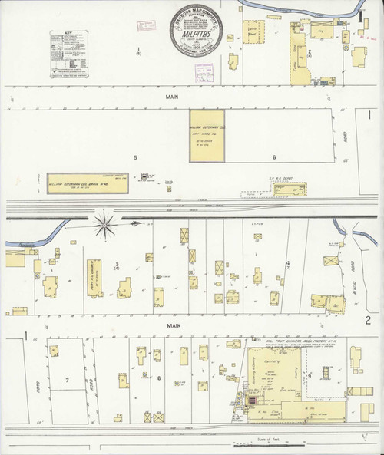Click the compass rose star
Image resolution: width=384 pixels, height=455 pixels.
[x=106, y=224]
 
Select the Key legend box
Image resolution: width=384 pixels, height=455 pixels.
[x=66, y=55]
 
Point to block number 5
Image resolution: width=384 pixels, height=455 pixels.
[x=135, y=157]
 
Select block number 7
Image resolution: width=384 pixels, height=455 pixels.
[x=67, y=380]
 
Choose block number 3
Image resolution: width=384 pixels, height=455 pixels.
[x=118, y=263]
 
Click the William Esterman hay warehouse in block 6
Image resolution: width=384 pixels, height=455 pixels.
[x=207, y=136]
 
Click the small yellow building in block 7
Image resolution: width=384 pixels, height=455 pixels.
[x=55, y=351]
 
